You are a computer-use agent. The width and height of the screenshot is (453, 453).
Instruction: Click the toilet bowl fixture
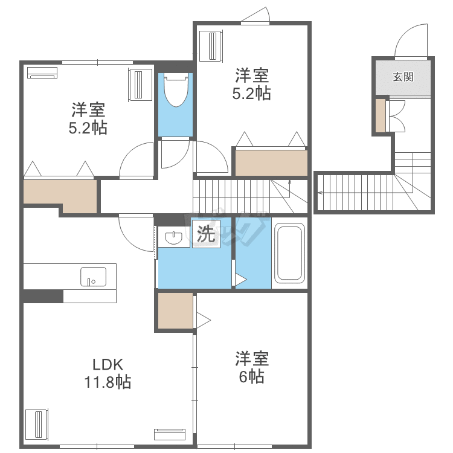pos(176,89)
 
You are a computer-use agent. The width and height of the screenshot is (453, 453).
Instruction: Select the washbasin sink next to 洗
pos(173,237)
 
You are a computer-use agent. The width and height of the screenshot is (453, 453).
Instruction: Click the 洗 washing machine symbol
pos(207,234)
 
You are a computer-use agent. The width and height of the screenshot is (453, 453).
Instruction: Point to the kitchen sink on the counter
pos(93,277)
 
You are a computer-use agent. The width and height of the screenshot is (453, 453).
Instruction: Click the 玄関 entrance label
pos(403,77)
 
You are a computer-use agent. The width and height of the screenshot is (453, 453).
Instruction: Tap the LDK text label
pos(108,365)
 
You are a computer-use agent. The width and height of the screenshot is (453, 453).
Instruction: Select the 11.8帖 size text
pos(108,382)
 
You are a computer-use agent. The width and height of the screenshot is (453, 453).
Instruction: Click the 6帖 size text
pos(251,376)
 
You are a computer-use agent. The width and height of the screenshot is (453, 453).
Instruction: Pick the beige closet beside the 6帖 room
pos(175,310)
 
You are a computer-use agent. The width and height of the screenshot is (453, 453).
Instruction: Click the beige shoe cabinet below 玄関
pos(381,115)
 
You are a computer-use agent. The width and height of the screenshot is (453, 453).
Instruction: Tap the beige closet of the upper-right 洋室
pos(271,163)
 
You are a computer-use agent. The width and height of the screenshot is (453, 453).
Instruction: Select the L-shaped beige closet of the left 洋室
pos(60,193)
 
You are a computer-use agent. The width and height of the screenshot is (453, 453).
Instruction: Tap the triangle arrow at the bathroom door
pos(241,280)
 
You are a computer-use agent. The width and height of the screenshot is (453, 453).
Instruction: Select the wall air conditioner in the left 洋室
pos(42,72)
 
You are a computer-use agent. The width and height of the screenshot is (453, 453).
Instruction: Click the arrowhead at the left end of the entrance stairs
pos(320,193)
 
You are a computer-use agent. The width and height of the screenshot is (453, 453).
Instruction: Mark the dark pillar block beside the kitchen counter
pos(43,296)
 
